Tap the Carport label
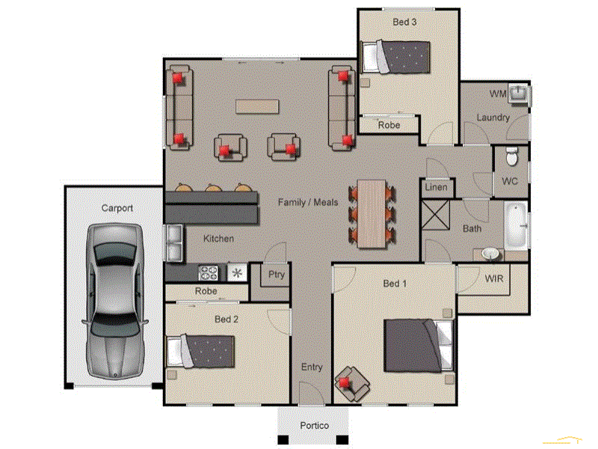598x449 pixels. point(117,208)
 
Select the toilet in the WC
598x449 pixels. point(512,157)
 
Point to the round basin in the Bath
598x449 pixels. point(490,254)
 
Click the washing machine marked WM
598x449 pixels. point(519,94)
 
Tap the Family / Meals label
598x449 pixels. point(308,202)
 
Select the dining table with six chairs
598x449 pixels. point(372,213)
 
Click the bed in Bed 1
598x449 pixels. point(418,345)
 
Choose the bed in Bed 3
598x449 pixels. point(396,55)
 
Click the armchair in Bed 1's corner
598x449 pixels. point(351,382)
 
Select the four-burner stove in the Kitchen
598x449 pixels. point(207,272)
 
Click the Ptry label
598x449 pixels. point(277,275)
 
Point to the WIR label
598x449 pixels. point(493,279)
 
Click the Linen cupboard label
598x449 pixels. point(436,187)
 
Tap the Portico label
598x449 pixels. point(314,425)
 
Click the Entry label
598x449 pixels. point(312,367)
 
